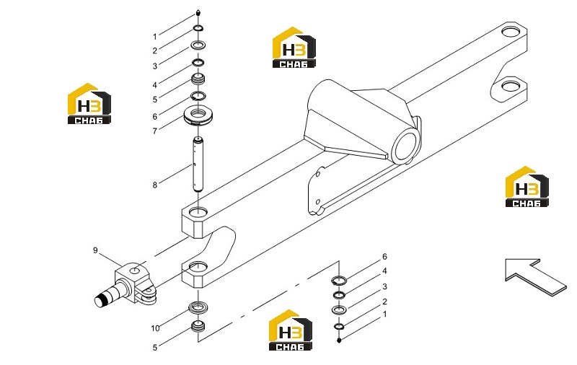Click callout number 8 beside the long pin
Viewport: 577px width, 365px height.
click(x=155, y=185)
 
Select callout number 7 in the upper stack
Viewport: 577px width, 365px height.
click(x=155, y=131)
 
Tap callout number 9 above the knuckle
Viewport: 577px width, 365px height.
click(x=95, y=250)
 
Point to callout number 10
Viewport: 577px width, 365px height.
click(x=155, y=327)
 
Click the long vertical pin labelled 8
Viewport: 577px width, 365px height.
click(x=198, y=164)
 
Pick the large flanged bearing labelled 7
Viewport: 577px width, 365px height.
click(x=199, y=116)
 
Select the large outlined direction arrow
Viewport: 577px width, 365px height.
click(x=535, y=276)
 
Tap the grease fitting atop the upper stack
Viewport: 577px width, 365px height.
click(x=198, y=12)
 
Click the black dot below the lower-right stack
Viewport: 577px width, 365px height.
click(x=339, y=340)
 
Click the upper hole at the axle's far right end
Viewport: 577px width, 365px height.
click(x=511, y=32)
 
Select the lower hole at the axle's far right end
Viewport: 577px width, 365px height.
click(x=511, y=86)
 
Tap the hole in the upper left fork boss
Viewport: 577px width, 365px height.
click(x=198, y=211)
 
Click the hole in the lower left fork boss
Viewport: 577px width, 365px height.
click(x=198, y=266)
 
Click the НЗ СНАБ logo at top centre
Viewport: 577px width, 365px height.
click(x=294, y=48)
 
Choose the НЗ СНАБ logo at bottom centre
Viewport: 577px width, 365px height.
click(x=291, y=330)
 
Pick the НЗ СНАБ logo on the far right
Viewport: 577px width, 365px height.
click(x=527, y=187)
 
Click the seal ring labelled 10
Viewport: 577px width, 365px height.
click(x=198, y=307)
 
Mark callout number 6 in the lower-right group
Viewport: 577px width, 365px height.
click(x=384, y=257)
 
